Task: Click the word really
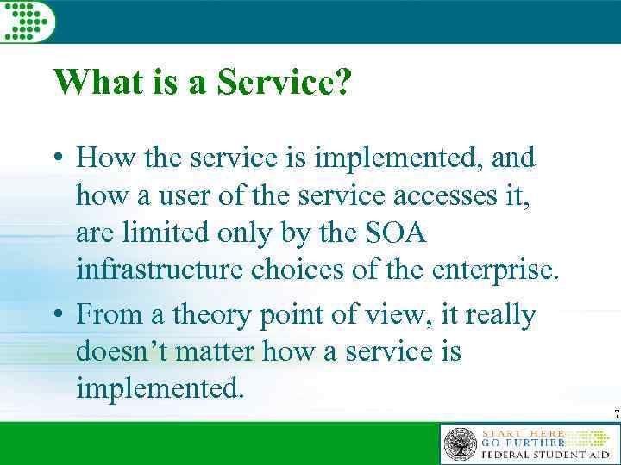click(501, 316)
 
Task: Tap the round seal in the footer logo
click(461, 443)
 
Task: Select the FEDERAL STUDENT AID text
click(544, 454)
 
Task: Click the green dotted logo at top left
click(27, 20)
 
